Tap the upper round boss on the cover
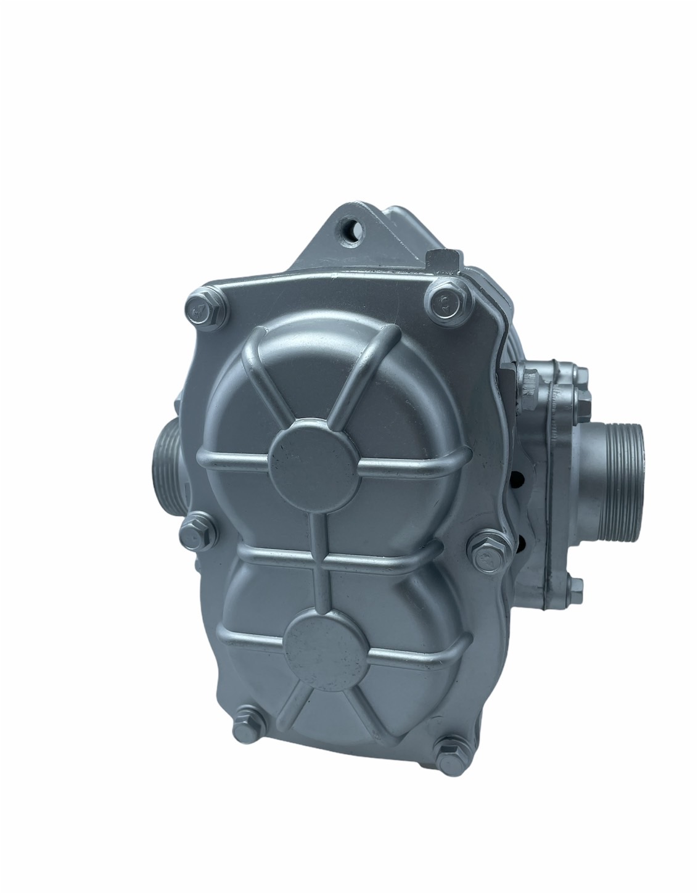coord(308,454)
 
